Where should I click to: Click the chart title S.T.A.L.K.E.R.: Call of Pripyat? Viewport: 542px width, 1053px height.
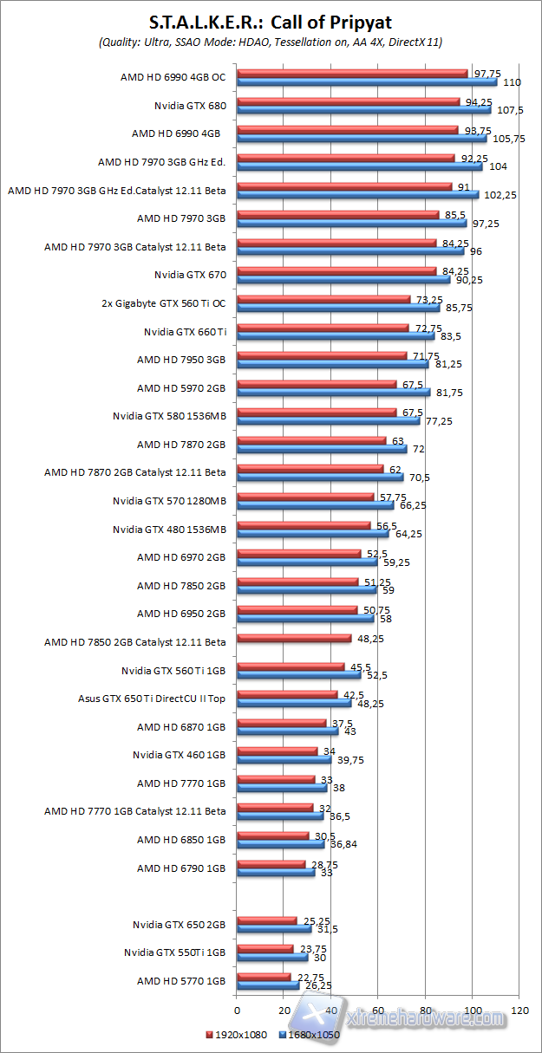271,21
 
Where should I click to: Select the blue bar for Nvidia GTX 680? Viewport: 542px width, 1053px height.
363,110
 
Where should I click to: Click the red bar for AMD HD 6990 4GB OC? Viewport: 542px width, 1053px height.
352,74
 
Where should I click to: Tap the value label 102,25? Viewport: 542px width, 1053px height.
500,195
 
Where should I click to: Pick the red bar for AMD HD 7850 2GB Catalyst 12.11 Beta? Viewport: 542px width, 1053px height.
294,639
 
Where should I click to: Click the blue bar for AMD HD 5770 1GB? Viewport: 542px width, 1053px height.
268,985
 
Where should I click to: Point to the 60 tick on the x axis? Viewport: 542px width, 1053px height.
378,1011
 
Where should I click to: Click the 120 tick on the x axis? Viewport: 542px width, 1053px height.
520,1011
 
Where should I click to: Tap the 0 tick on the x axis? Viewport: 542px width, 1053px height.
237,1011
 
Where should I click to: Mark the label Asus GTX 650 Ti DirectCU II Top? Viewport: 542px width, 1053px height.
152,699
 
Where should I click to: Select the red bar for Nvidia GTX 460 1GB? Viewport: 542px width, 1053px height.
278,751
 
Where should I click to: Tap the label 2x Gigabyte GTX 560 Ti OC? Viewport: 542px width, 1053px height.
164,304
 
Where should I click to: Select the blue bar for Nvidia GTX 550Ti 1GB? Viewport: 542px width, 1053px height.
272,957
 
